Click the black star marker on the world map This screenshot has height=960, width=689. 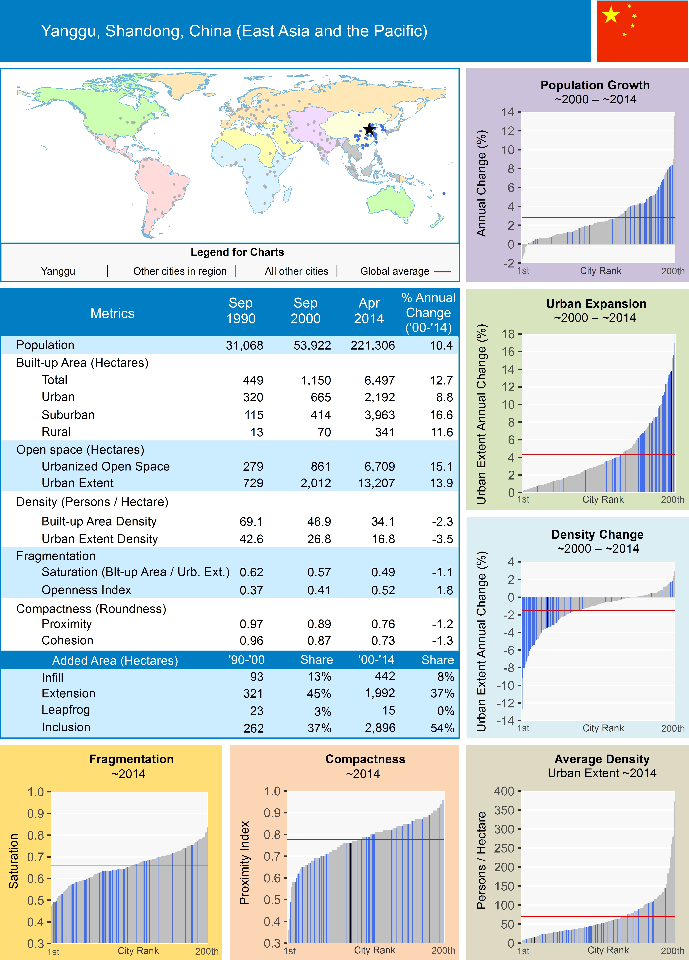(x=369, y=129)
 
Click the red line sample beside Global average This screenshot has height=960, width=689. (x=442, y=271)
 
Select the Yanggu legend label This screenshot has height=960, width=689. (x=58, y=271)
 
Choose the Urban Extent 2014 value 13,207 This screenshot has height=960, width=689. (x=376, y=483)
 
